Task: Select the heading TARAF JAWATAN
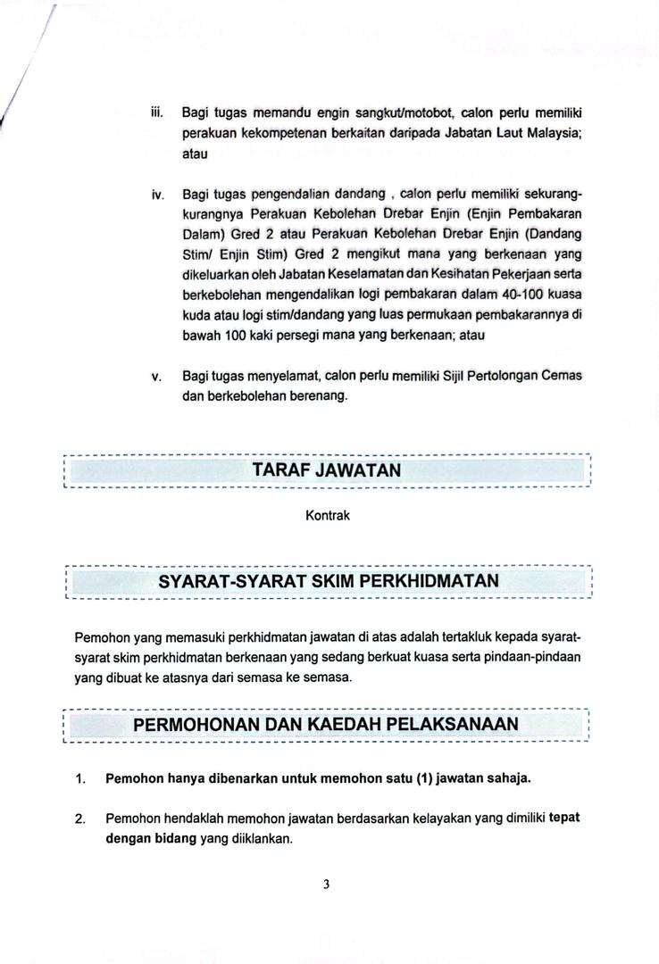[327, 470]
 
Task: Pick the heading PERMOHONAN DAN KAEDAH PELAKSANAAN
[325, 724]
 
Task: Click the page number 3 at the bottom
[327, 885]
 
